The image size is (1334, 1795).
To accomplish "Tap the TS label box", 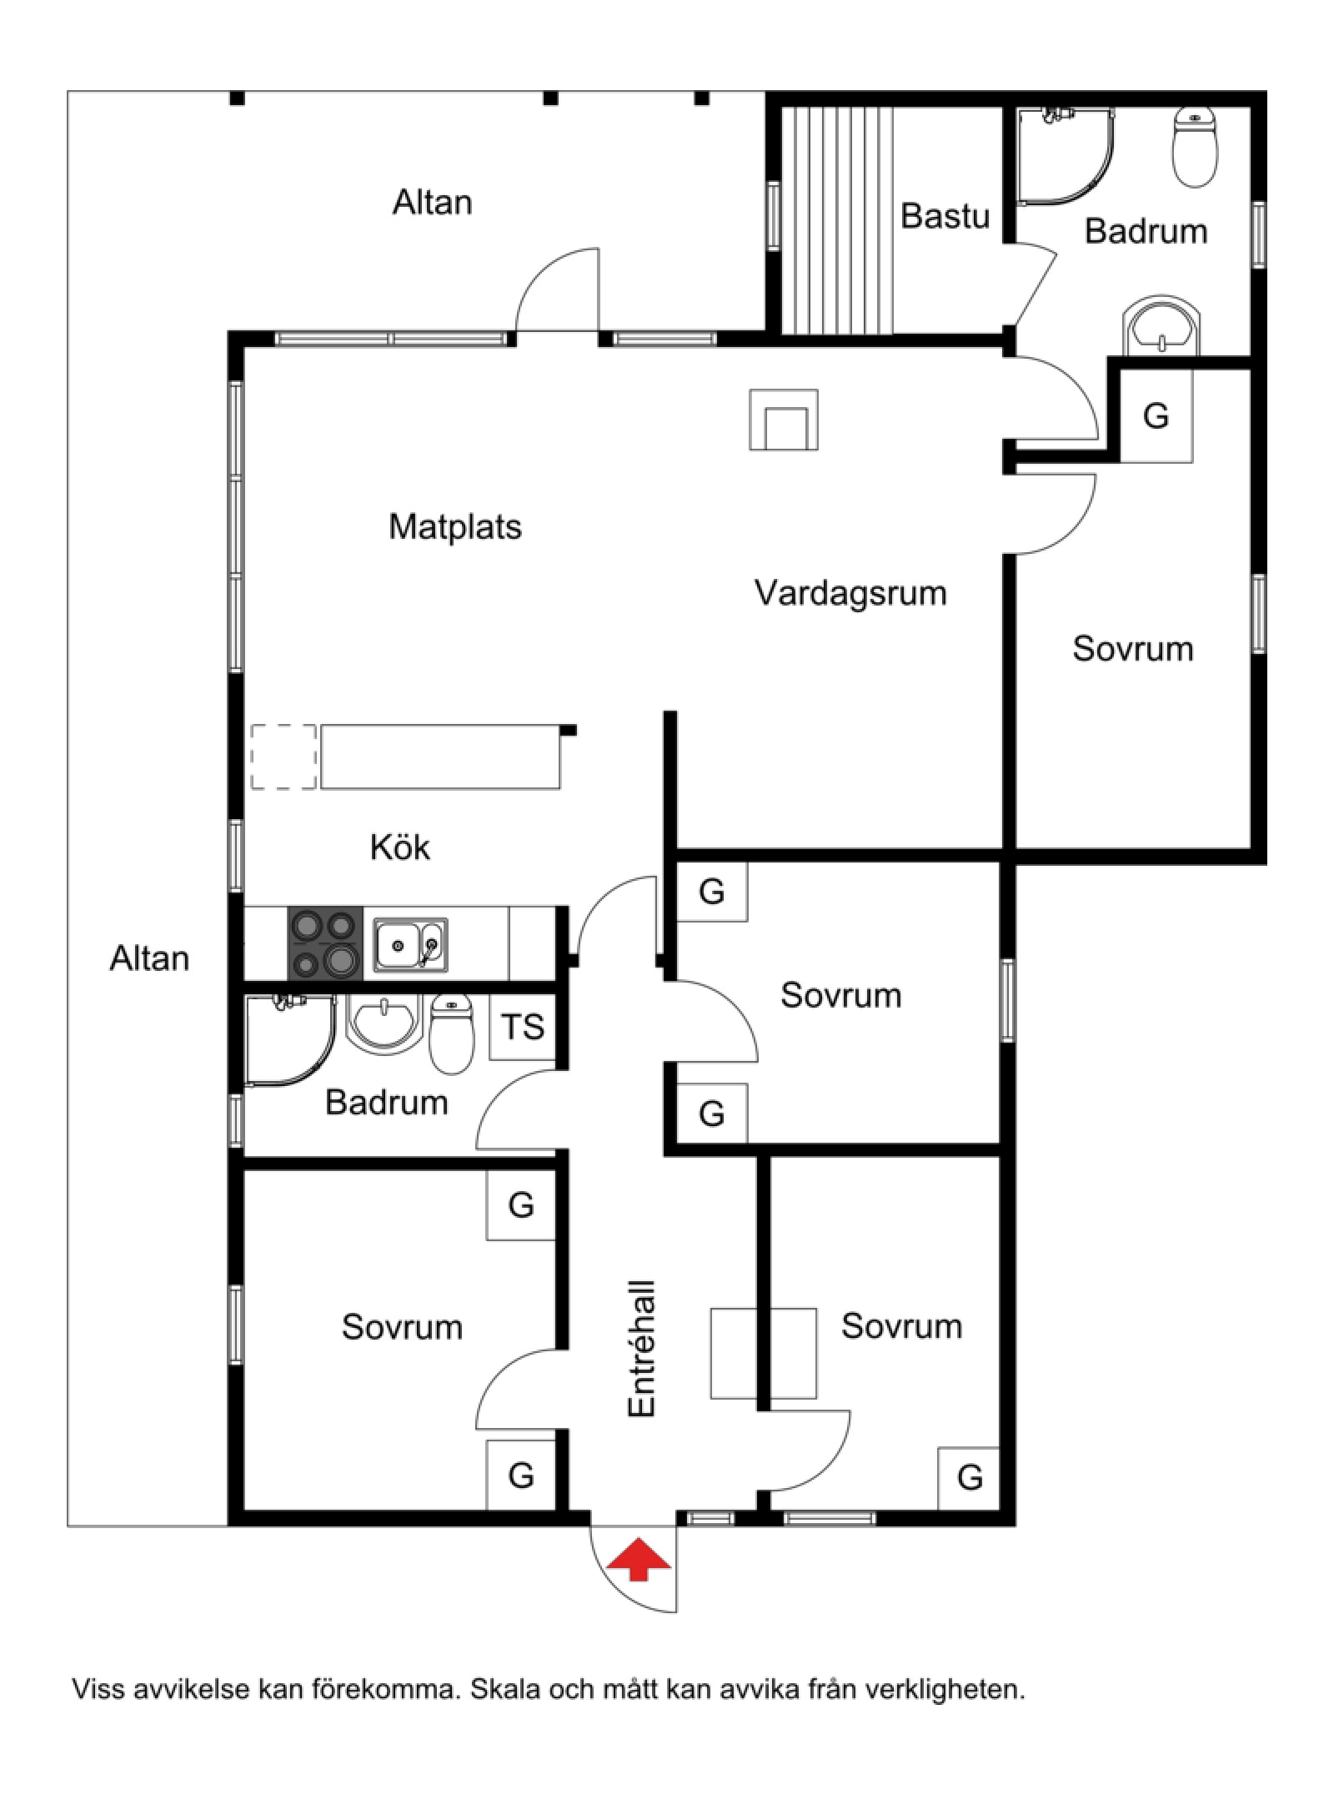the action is pos(522,1027).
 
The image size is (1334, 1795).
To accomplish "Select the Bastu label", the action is pos(945,216).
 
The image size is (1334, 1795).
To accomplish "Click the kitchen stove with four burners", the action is pos(325,943).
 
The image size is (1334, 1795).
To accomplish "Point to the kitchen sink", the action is pos(410,945).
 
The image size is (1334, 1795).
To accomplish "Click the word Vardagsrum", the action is pos(850,593).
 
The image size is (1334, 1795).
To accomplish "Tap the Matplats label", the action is pos(455,527).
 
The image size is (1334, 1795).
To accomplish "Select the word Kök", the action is pos(400,847).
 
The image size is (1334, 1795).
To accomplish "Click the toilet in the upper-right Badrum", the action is pos(1195,148).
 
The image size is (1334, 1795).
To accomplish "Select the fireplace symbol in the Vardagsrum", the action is pos(784,420).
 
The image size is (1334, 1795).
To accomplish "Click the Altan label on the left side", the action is pos(149,959).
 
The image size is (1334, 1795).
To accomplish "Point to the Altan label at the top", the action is pos(433,203).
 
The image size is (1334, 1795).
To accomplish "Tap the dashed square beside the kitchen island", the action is pos(283,757).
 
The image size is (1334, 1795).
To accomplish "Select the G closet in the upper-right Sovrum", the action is pos(1156,415).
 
